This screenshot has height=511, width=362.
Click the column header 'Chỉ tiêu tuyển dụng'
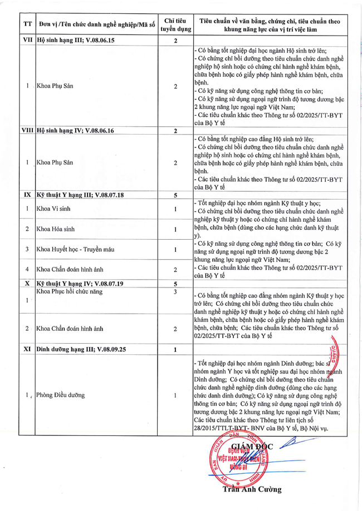[175, 25]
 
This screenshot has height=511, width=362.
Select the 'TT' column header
[28, 25]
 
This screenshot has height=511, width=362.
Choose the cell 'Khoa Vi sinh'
[53, 209]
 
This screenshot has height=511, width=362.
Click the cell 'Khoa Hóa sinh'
[56, 229]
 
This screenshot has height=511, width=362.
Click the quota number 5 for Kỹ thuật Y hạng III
[175, 196]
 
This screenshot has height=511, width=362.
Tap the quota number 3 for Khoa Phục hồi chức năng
[175, 292]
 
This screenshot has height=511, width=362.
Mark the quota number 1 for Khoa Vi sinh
[175, 209]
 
